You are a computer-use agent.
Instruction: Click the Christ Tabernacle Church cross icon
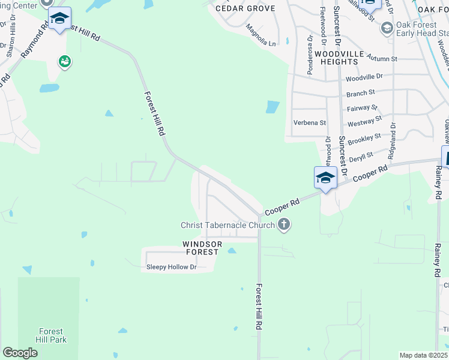point(285,225)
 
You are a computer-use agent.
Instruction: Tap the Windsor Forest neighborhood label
point(202,248)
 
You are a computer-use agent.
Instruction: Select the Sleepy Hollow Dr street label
point(172,268)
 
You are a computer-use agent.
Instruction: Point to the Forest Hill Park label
point(50,335)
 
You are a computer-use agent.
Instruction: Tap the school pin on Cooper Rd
point(325,178)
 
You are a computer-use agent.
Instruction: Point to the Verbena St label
point(309,122)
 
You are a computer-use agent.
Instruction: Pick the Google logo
point(20,353)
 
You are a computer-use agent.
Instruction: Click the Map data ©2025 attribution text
point(423,355)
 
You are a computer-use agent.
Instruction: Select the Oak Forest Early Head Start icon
point(387,28)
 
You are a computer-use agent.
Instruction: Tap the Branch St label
point(360,92)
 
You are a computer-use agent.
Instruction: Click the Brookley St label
point(364,139)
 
